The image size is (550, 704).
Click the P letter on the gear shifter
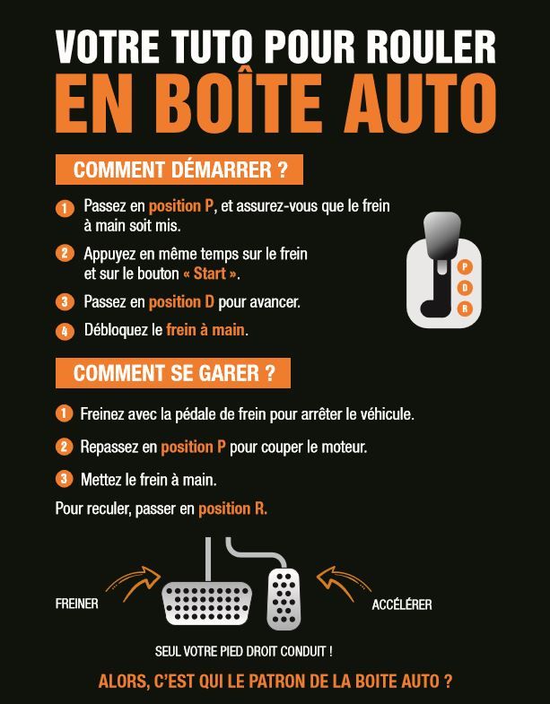(x=465, y=266)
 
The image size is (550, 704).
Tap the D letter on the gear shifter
(x=465, y=287)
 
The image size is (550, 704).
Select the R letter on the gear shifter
(x=465, y=309)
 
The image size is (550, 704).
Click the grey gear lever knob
(x=441, y=236)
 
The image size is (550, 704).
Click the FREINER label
(x=76, y=604)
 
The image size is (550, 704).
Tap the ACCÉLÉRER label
(x=401, y=604)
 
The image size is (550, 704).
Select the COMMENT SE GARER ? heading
(x=173, y=373)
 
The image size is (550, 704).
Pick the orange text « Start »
(x=211, y=274)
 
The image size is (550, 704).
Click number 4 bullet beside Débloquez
(x=64, y=331)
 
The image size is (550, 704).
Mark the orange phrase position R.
(x=232, y=508)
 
